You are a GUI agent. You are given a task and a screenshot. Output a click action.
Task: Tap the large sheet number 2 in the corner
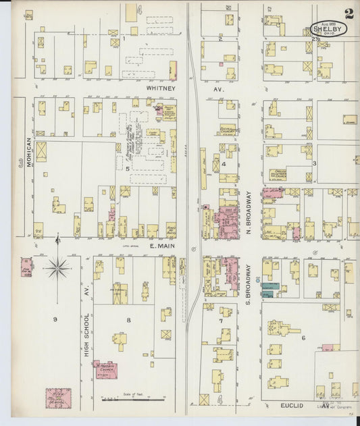[x=349, y=13]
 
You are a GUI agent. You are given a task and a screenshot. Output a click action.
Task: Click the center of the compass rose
[x=58, y=269]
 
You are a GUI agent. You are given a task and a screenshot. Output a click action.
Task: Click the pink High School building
[x=58, y=398]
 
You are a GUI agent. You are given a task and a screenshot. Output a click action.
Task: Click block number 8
[x=128, y=320]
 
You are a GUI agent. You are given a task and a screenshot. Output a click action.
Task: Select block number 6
[x=304, y=338]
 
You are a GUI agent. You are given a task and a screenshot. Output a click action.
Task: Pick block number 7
[x=220, y=321]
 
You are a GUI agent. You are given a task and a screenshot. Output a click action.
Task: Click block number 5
[x=126, y=168]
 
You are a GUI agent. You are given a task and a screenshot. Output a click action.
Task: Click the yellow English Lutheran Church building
[x=278, y=174]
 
